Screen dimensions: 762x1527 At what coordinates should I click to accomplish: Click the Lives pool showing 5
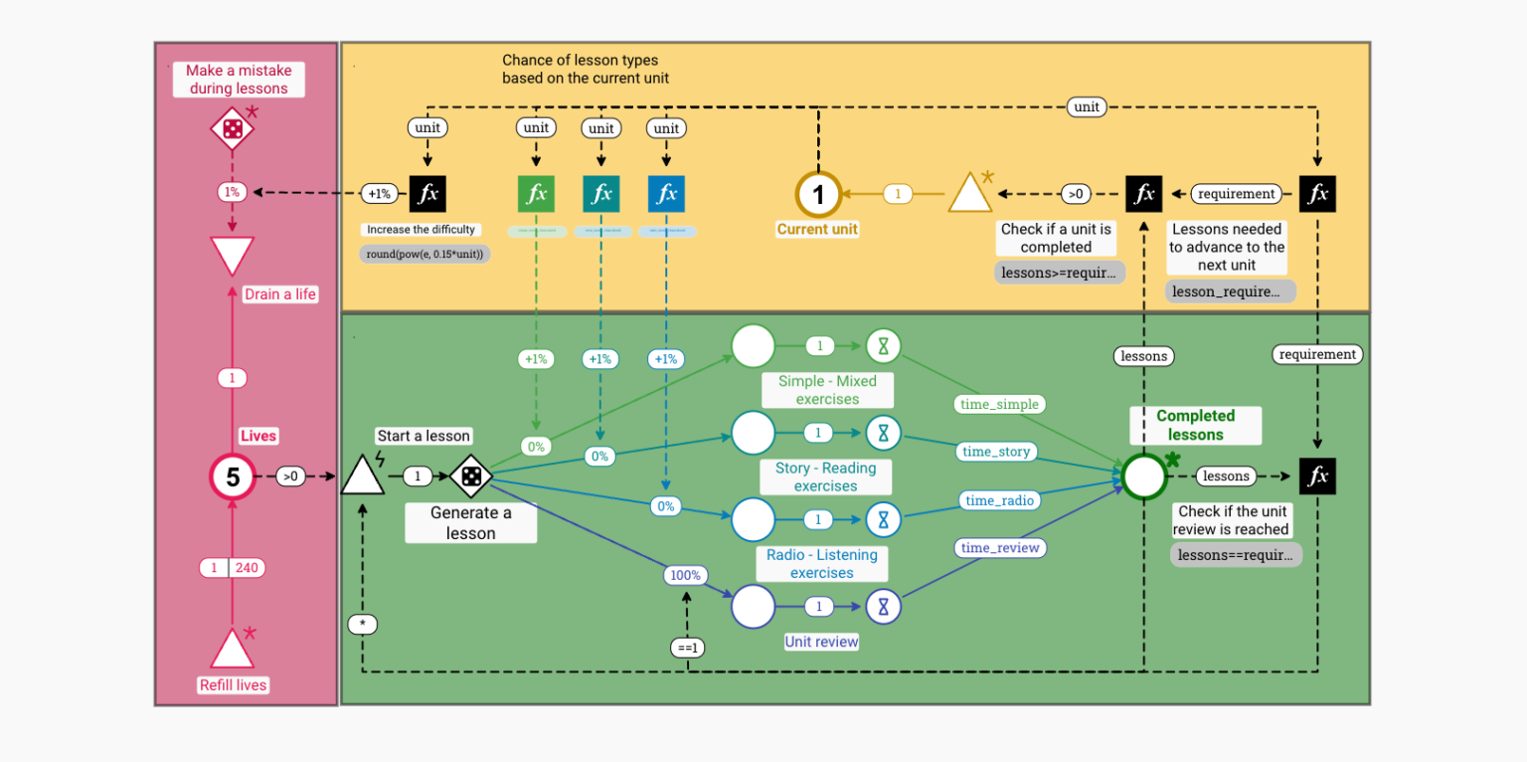pyautogui.click(x=233, y=477)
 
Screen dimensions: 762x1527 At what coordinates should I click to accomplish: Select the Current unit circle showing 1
pyautogui.click(x=818, y=194)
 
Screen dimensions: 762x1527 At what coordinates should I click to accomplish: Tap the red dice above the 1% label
pyautogui.click(x=232, y=129)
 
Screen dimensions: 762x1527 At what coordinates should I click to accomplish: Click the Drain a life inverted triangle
pyautogui.click(x=232, y=254)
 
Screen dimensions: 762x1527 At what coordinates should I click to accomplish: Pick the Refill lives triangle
pyautogui.click(x=232, y=651)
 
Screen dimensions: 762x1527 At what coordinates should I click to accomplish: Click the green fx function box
pyautogui.click(x=537, y=194)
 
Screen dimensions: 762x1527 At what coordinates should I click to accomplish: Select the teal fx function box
pyautogui.click(x=601, y=194)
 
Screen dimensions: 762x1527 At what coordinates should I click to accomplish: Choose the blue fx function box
pyautogui.click(x=667, y=194)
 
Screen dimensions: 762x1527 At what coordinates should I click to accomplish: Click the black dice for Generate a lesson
pyautogui.click(x=471, y=477)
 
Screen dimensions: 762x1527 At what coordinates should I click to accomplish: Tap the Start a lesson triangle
pyautogui.click(x=363, y=476)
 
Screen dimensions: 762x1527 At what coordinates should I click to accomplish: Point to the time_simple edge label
pyautogui.click(x=998, y=404)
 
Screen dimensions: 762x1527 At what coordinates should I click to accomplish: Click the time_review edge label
pyautogui.click(x=1001, y=547)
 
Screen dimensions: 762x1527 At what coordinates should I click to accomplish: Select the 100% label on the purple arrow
pyautogui.click(x=685, y=575)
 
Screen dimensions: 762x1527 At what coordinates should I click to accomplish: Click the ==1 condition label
pyautogui.click(x=686, y=648)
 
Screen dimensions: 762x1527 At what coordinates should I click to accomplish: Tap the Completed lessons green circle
pyautogui.click(x=1144, y=476)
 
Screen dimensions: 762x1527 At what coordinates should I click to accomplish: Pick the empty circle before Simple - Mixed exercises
pyautogui.click(x=753, y=345)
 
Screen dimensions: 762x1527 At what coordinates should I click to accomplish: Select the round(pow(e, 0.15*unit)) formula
pyautogui.click(x=424, y=253)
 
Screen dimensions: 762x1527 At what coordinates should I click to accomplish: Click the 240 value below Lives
pyautogui.click(x=247, y=568)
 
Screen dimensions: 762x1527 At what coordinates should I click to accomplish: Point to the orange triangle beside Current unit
pyautogui.click(x=969, y=195)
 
